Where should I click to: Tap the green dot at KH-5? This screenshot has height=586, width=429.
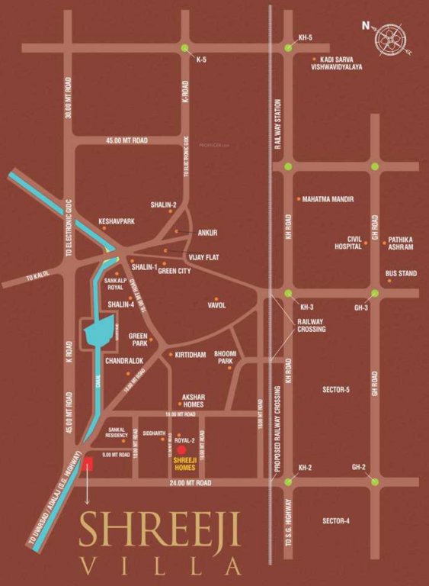[x=288, y=48]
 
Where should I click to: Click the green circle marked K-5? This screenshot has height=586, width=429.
[x=185, y=48]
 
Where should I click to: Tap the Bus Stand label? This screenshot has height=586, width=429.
[x=401, y=273]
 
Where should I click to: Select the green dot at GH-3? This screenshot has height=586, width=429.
[x=374, y=294]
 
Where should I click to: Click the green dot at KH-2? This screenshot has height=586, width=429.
[x=288, y=482]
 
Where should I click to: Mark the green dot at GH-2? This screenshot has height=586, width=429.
[x=374, y=482]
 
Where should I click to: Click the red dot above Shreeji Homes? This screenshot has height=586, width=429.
[x=181, y=451]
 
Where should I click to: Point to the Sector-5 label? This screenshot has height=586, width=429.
[x=335, y=390]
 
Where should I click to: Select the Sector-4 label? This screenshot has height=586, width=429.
[x=335, y=520]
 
